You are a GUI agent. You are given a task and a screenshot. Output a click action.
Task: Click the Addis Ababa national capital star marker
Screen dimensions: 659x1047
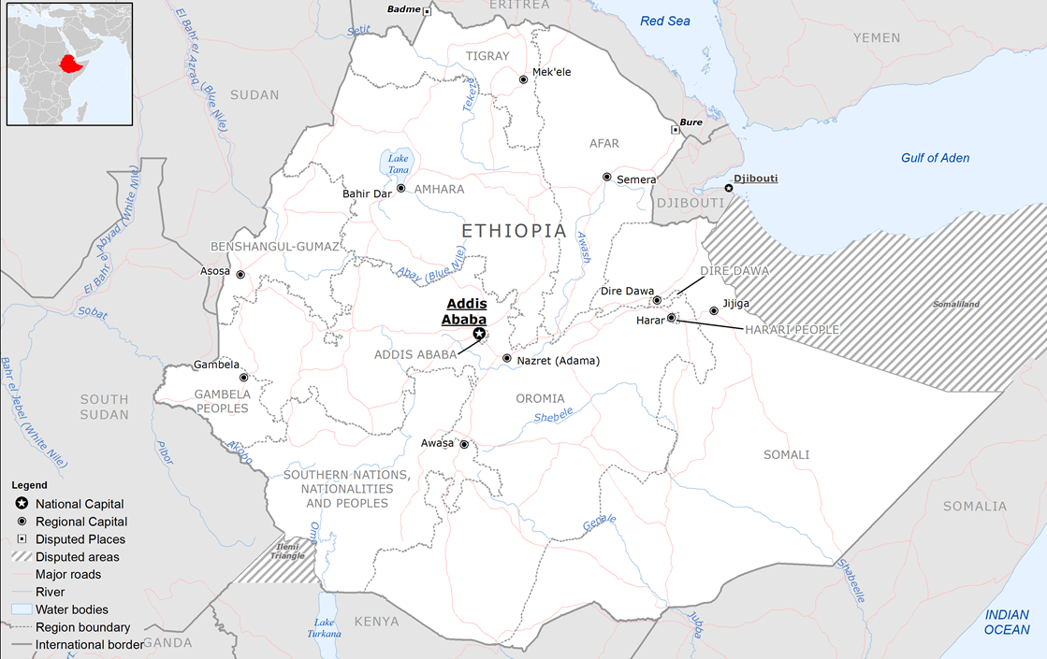coord(479,334)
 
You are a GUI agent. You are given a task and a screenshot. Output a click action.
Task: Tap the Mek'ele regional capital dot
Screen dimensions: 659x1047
coord(524,80)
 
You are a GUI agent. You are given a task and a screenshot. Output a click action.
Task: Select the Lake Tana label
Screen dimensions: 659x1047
coord(399,163)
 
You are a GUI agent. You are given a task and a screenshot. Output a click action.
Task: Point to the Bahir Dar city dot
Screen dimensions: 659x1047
coord(400,188)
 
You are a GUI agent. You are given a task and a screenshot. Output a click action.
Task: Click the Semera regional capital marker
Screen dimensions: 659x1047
coord(606,177)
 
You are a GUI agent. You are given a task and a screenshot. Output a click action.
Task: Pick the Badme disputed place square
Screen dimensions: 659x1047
coord(427,11)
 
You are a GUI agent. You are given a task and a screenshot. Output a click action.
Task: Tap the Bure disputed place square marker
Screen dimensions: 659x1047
coord(676,130)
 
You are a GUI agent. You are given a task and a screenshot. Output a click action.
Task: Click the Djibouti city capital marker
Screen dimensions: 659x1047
coord(729,188)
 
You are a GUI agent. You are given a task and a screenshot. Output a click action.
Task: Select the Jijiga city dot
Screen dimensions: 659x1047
coord(714,310)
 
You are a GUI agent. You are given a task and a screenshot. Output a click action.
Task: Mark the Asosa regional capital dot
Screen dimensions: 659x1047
coord(240,275)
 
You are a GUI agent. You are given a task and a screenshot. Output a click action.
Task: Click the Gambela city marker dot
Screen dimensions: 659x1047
coord(243,378)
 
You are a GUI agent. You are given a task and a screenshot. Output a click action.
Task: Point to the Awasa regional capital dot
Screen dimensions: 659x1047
coord(463,445)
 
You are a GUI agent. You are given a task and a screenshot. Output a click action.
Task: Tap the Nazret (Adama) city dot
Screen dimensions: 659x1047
coord(507,358)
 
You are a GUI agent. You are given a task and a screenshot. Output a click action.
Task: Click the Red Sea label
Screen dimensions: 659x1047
coord(664,21)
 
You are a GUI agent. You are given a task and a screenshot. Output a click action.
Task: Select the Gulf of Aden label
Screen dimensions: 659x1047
coord(935,158)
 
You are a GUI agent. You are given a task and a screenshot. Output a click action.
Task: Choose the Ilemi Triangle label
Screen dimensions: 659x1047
coord(286,552)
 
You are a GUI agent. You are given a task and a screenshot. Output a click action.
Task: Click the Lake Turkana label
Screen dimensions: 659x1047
coord(325,628)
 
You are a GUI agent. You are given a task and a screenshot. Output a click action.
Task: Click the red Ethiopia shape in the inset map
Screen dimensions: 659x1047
coord(68,64)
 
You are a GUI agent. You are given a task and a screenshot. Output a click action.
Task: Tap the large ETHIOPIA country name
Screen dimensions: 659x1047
coord(514,230)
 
